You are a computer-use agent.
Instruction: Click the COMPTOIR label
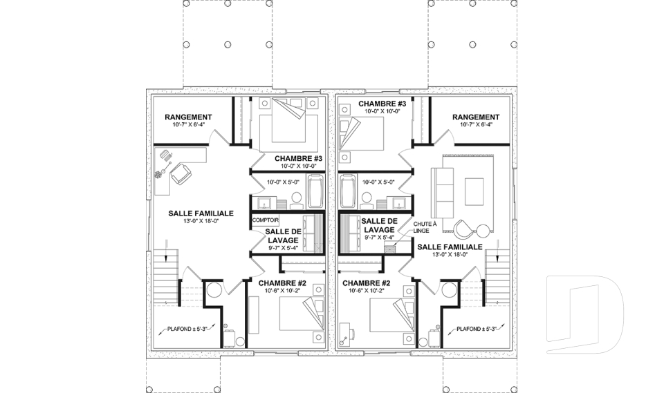266,220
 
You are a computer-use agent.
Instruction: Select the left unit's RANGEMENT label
188,117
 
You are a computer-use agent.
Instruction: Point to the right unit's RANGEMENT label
476,117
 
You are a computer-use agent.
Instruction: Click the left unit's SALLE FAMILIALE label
201,213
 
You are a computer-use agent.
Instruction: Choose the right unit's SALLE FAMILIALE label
450,247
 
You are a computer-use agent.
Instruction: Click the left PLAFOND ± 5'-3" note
187,329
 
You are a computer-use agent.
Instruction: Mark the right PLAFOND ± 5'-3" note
477,329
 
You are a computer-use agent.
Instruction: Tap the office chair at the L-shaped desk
181,173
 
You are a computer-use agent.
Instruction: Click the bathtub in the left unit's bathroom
315,191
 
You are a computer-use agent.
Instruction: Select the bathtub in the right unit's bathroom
349,191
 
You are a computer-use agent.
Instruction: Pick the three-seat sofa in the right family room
442,193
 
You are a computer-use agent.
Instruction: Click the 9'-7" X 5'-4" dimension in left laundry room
284,249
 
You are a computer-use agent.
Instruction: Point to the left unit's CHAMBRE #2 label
282,283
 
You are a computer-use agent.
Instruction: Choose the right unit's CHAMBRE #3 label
382,104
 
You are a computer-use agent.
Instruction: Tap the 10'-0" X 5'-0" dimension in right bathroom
378,182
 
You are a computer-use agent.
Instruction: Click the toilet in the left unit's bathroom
297,200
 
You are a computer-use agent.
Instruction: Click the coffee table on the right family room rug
474,191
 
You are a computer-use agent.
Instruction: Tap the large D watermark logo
584,314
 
